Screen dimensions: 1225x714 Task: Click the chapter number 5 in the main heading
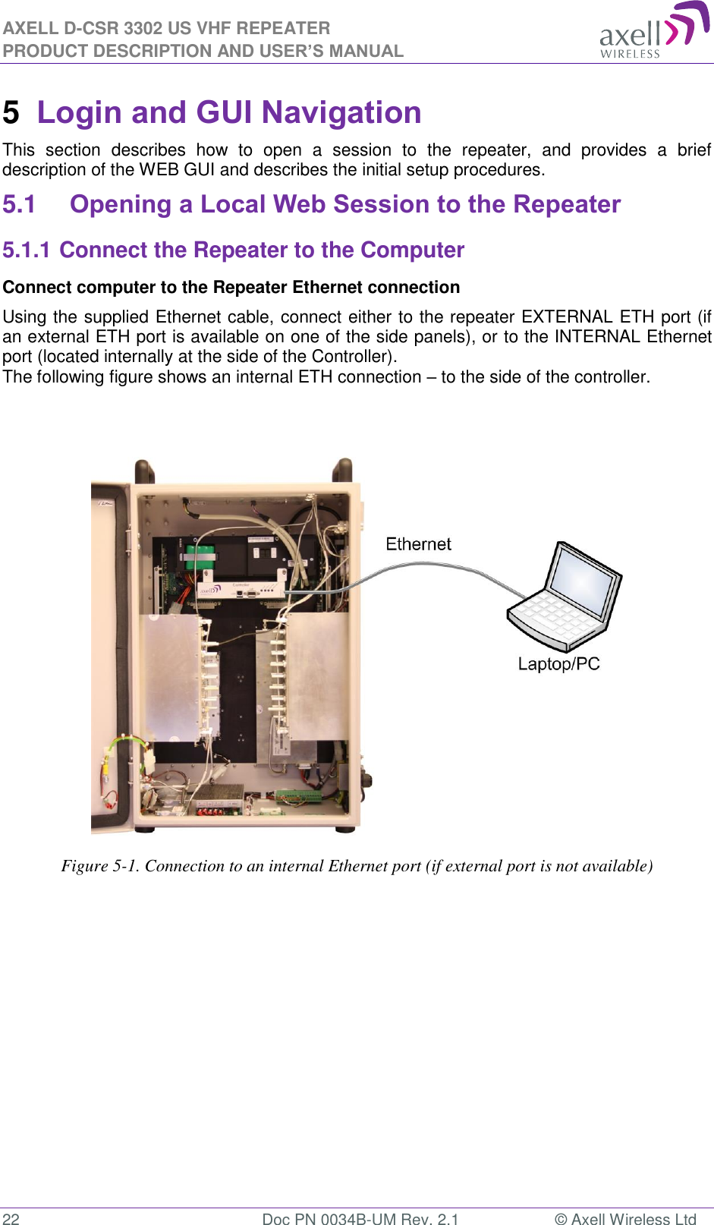[11, 113]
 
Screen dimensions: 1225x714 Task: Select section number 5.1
[19, 205]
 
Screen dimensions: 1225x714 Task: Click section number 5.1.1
[26, 250]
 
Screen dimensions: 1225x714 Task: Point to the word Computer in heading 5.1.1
[412, 250]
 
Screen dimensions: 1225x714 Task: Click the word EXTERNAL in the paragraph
[567, 317]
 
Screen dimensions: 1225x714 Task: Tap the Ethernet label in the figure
[418, 544]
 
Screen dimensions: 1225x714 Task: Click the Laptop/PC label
[558, 664]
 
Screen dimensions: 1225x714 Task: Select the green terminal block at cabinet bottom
[298, 797]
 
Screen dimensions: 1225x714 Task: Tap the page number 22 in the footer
[11, 1219]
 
